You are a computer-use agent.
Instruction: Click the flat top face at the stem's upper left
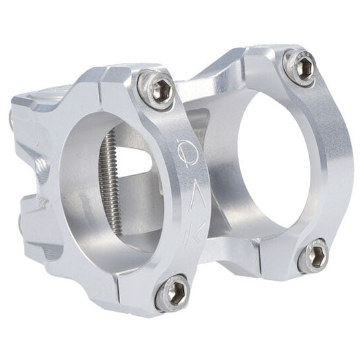point(40,100)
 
